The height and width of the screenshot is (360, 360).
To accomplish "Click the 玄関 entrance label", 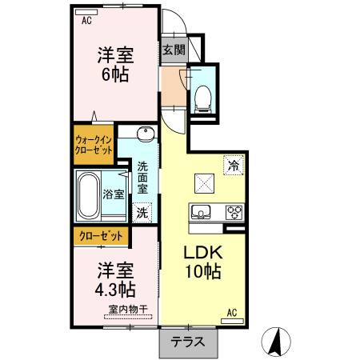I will pos(174,50).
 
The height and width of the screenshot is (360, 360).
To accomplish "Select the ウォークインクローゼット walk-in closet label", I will pos(94,145).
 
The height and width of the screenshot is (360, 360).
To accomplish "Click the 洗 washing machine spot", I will pos(142,213).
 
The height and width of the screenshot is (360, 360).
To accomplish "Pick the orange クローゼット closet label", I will pos(101,236).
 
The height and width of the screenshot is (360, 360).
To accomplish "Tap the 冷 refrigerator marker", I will pos(233,166).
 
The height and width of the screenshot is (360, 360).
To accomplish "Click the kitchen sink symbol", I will pos(200,212).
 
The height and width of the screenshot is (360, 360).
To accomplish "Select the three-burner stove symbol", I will pos(234,212).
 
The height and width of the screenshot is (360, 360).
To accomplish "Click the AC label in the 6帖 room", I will pos(86,21).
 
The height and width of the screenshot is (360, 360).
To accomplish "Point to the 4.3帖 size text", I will pos(115,288).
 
